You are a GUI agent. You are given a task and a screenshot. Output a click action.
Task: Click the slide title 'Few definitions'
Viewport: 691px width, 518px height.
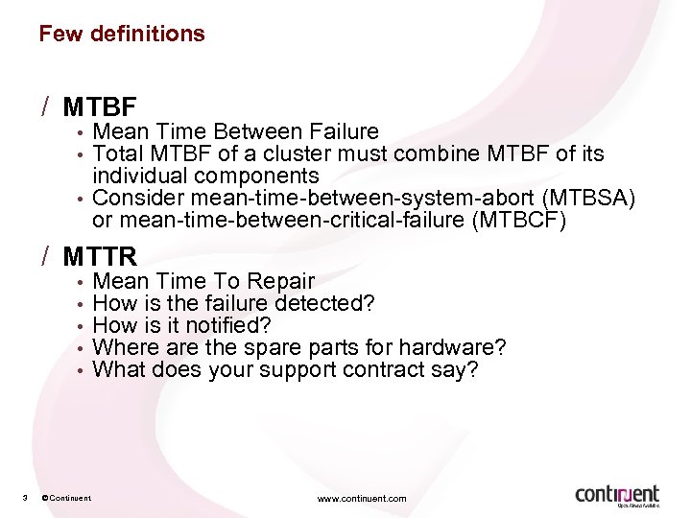(122, 34)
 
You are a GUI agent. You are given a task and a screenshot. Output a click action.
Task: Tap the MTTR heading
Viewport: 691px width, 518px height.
(101, 257)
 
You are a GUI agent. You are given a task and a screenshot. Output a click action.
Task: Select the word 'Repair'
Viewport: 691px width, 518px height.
(281, 281)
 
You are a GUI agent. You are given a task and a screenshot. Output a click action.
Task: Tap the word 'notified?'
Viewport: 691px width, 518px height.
(226, 325)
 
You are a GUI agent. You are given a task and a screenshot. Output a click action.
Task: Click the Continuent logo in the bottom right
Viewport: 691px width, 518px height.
(618, 495)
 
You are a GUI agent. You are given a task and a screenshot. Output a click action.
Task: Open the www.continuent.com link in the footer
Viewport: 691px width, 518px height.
(362, 499)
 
